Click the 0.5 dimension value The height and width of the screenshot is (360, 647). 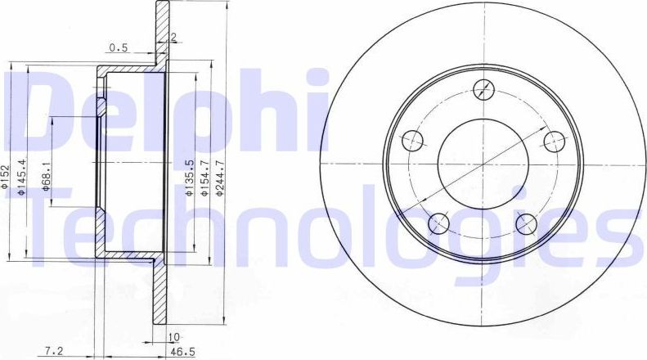(x=119, y=47)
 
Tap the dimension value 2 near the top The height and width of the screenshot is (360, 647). (x=173, y=38)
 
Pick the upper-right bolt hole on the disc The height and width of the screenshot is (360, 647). (x=555, y=141)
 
